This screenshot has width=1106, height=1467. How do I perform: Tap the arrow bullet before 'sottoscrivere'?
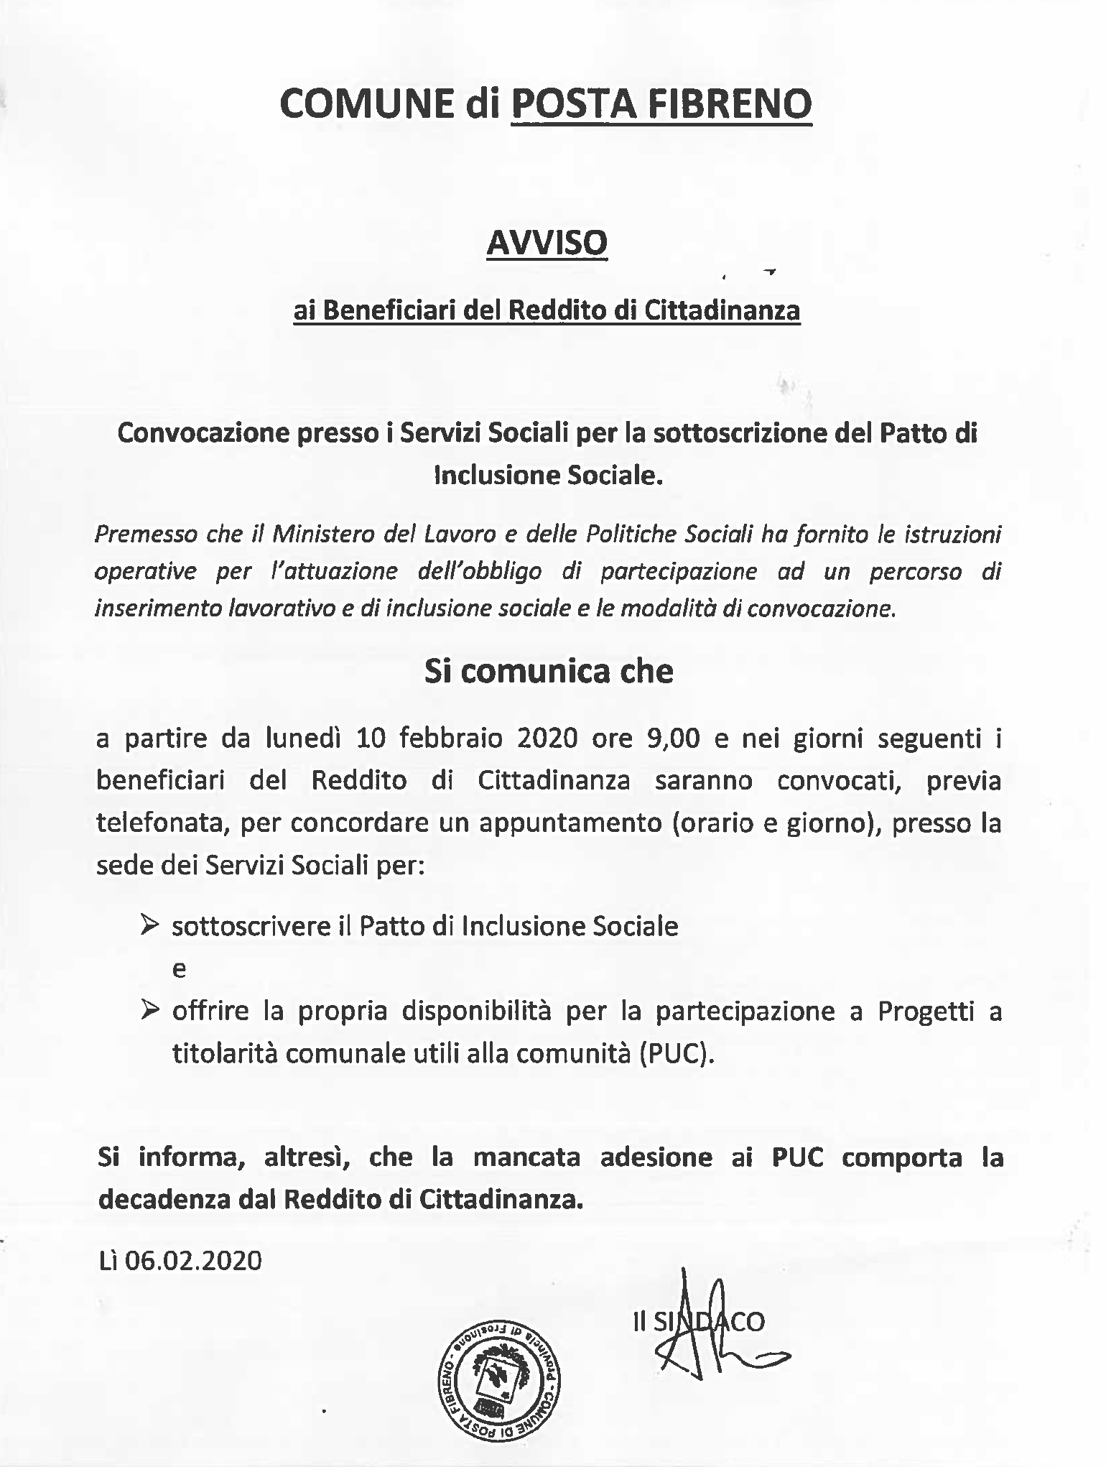pyautogui.click(x=149, y=925)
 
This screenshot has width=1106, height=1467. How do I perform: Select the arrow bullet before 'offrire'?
pyautogui.click(x=149, y=1011)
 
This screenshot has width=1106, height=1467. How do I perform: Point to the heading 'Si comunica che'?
pyautogui.click(x=549, y=671)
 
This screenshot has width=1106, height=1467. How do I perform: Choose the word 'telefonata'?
pyautogui.click(x=162, y=823)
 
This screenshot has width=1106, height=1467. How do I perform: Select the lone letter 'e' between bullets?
pyautogui.click(x=179, y=969)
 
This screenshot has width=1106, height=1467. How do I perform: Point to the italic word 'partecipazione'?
pyautogui.click(x=678, y=571)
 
